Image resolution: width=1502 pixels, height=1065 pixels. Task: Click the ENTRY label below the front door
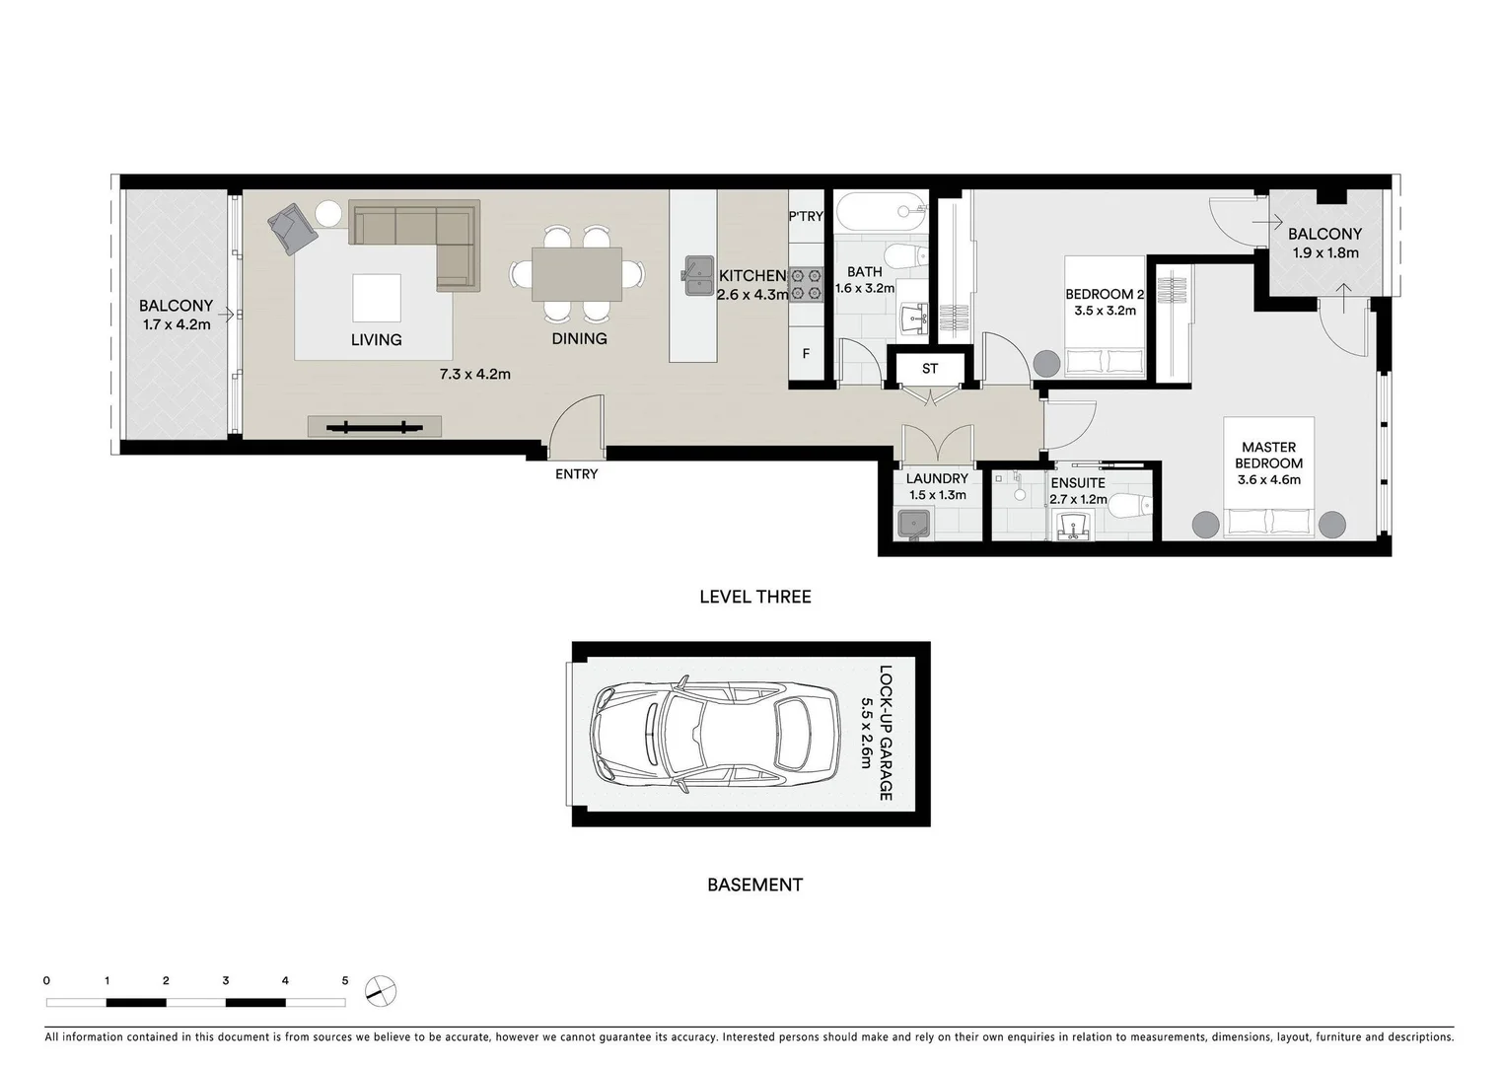[576, 474]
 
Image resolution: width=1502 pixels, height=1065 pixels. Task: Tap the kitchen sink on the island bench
[699, 275]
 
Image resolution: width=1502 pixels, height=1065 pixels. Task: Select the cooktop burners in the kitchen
[807, 284]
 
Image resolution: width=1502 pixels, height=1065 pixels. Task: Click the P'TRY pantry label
[805, 216]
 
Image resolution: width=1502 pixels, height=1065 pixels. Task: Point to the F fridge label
[806, 353]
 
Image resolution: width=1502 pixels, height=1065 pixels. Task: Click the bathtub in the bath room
[881, 211]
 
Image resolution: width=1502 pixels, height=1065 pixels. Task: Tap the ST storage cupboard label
[930, 369]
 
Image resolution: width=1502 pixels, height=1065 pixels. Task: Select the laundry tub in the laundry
[913, 524]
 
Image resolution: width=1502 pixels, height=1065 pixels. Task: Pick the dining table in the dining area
[577, 274]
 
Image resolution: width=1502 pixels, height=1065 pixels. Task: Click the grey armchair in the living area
[292, 229]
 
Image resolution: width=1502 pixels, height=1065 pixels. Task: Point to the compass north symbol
[380, 990]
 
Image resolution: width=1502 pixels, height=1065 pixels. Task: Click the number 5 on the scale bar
[345, 981]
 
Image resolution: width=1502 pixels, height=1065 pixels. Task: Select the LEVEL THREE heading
[754, 597]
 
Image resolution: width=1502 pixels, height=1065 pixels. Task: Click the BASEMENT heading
[754, 885]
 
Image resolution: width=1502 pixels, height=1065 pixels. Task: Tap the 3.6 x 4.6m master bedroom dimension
[1268, 480]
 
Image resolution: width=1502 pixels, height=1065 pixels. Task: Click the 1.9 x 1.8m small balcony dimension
[1324, 252]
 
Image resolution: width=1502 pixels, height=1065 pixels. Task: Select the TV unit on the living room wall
[374, 427]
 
